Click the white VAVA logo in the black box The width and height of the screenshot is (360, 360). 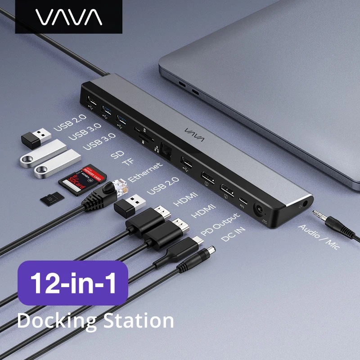69,17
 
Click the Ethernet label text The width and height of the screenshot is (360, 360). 145,172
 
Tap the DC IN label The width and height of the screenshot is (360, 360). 234,235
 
